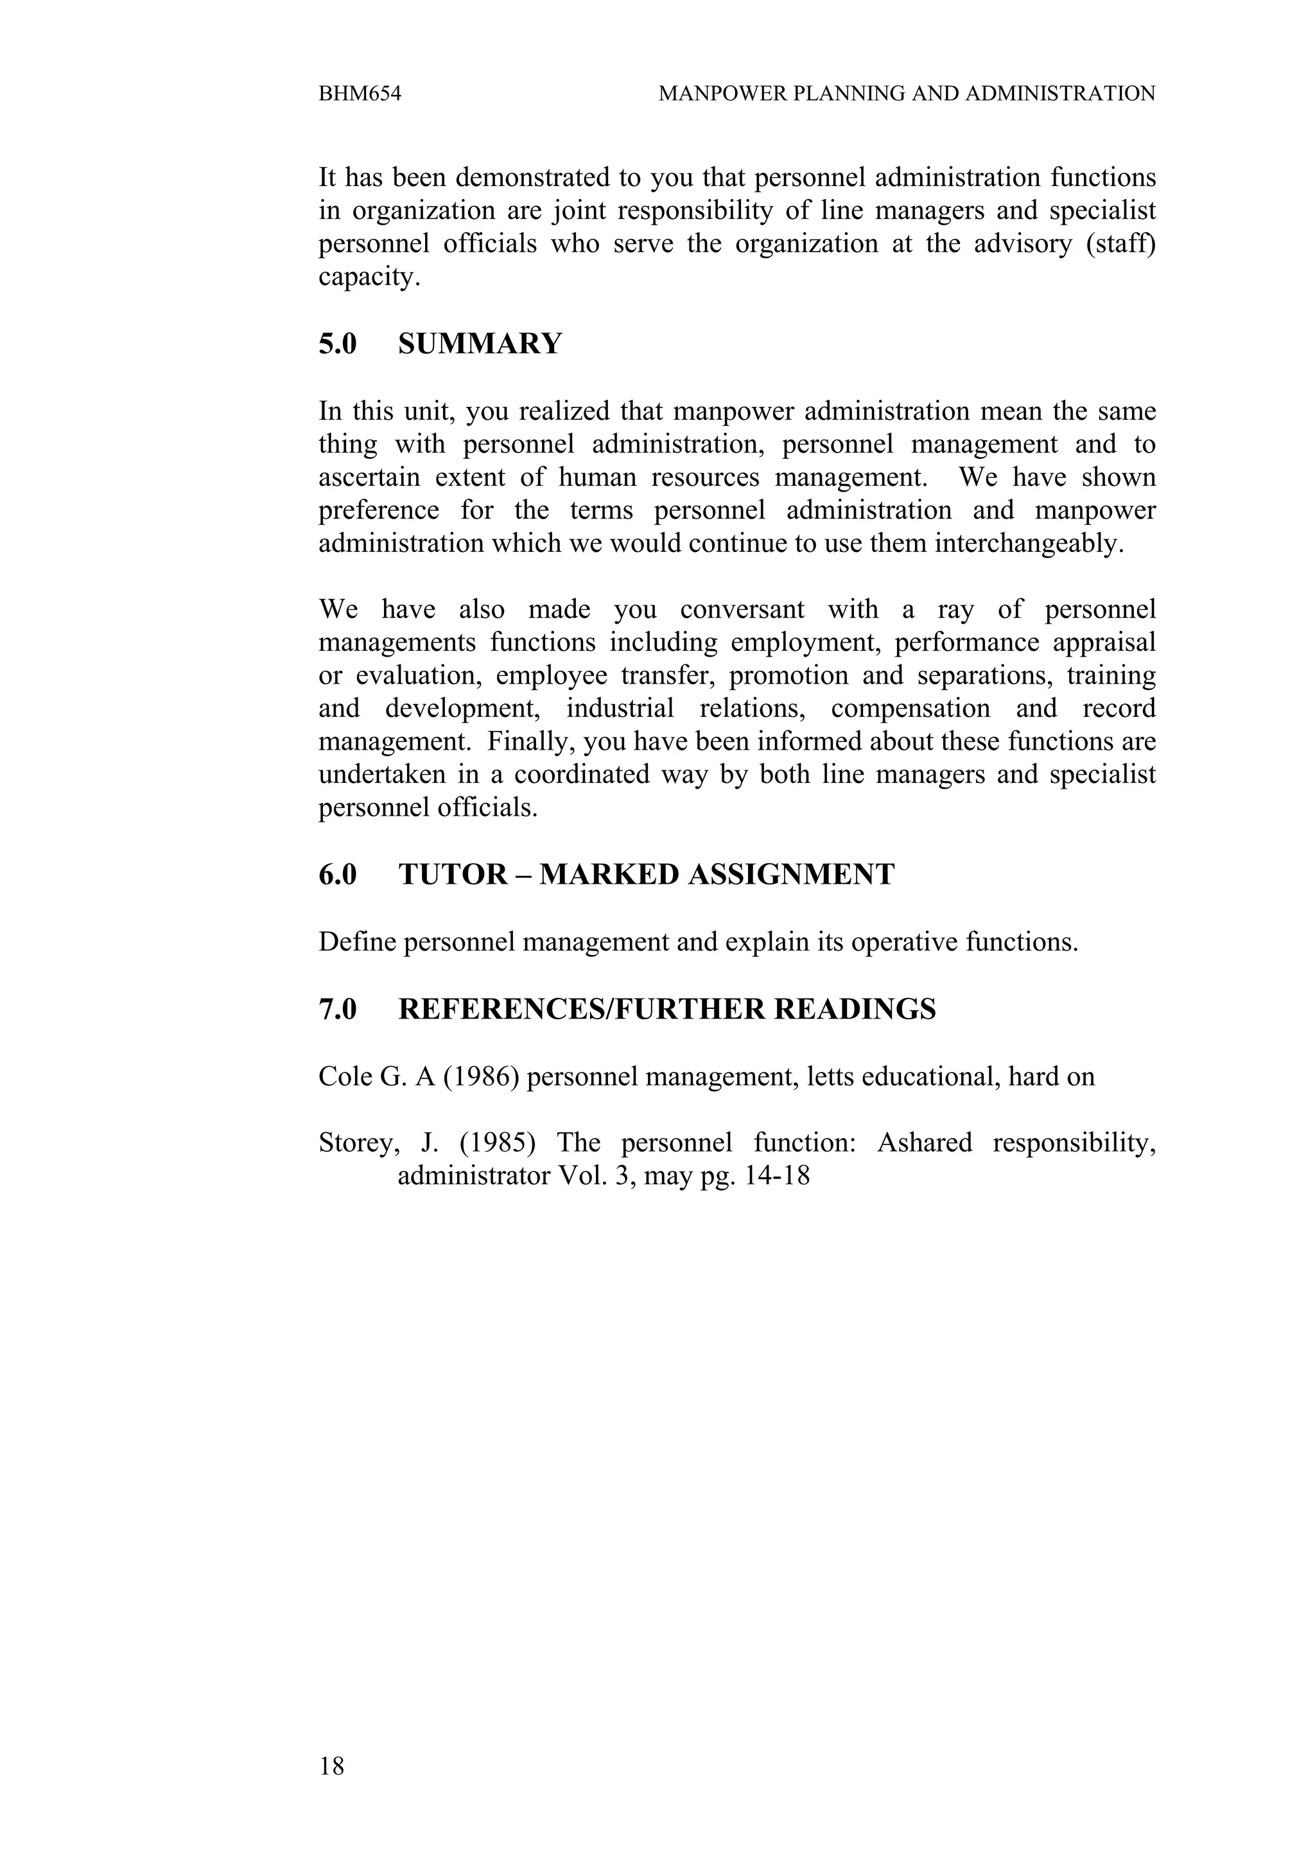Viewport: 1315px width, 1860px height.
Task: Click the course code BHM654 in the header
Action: [360, 94]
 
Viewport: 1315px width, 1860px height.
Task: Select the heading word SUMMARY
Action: [480, 344]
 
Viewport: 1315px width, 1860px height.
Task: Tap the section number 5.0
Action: [337, 344]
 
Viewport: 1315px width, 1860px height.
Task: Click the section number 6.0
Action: [337, 875]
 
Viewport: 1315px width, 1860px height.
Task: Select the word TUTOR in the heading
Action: [452, 875]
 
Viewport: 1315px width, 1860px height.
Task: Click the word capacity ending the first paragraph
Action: [369, 278]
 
